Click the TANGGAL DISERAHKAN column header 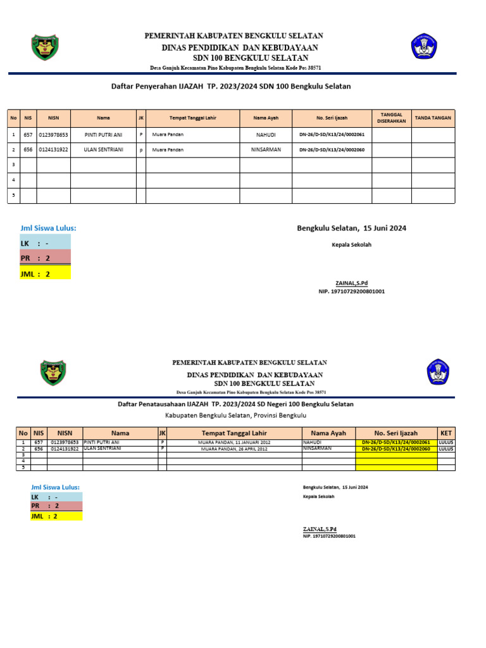[391, 118]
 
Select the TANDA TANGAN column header [433, 118]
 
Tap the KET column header [445, 433]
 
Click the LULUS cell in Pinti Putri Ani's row [445, 442]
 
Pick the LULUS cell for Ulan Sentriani [445, 449]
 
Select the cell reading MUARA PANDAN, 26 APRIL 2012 [234, 449]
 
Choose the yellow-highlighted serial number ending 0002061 [396, 442]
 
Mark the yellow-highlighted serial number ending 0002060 [396, 449]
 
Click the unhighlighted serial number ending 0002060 [332, 150]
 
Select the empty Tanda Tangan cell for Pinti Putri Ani [433, 135]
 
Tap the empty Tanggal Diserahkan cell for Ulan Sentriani [391, 150]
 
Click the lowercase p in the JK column [141, 150]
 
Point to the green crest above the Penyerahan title [45, 48]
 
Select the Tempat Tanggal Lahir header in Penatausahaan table [234, 433]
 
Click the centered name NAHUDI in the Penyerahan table [266, 135]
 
